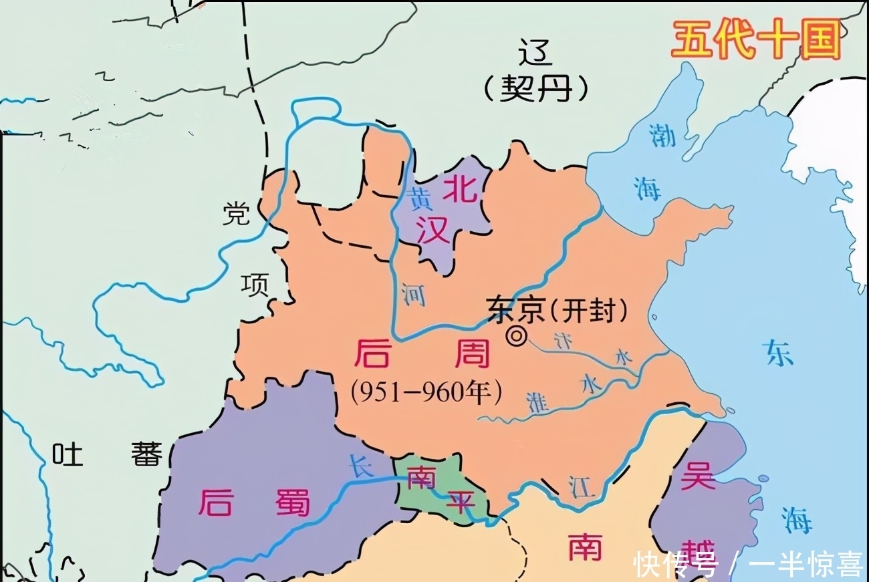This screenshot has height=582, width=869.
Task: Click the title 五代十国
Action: [x=755, y=39]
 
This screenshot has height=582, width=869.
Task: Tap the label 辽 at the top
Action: [x=536, y=53]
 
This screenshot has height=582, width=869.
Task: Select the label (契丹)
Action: [x=537, y=88]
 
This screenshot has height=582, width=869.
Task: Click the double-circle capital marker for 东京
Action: [x=516, y=337]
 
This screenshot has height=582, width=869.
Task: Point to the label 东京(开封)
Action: [x=559, y=309]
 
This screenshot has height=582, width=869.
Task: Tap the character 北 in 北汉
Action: [x=462, y=189]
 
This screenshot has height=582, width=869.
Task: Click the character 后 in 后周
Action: [x=372, y=353]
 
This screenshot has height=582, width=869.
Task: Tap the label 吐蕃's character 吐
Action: [x=68, y=455]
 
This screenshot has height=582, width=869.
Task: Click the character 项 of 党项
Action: [x=255, y=284]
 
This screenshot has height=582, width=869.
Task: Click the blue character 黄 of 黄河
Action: [x=420, y=198]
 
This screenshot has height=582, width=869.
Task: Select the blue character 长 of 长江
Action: [x=361, y=465]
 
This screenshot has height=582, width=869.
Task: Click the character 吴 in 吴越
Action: [x=698, y=476]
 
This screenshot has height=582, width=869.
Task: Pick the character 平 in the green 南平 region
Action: [x=460, y=501]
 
